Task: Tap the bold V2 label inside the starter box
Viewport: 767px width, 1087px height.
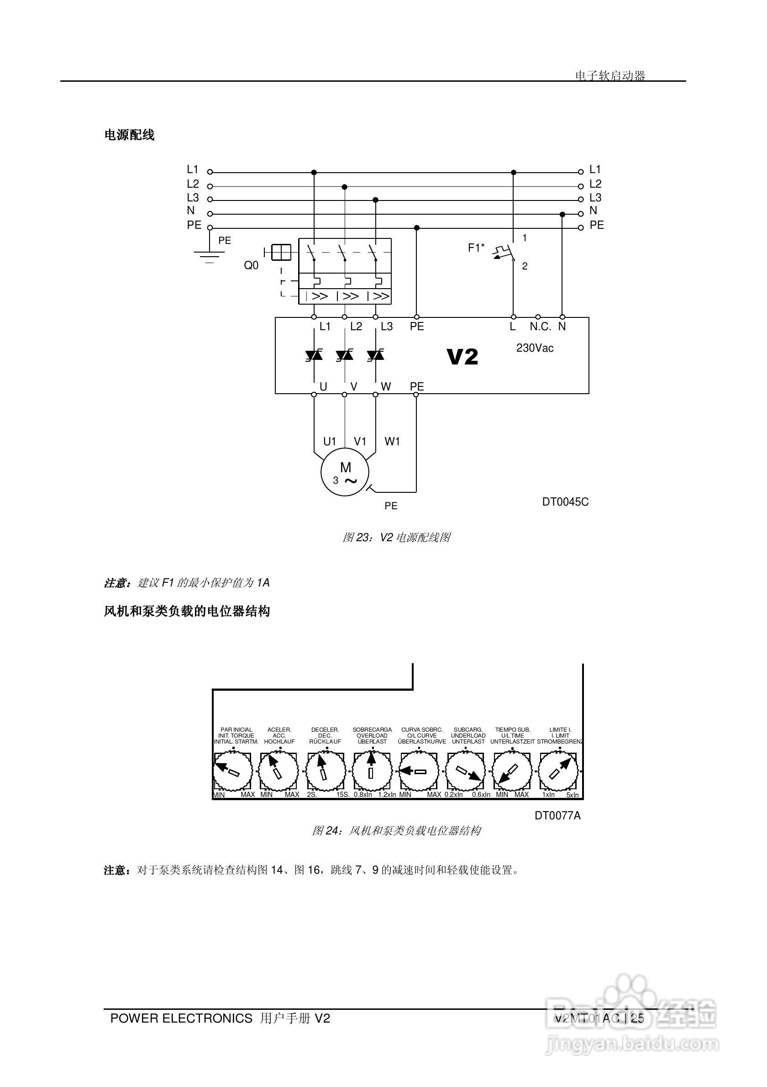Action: point(462,357)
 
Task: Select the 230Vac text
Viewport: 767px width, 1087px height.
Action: point(535,348)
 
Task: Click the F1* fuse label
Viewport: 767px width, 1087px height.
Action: point(476,248)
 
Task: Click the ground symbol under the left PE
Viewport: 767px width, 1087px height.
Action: point(209,256)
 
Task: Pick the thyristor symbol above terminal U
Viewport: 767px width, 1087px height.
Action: point(314,354)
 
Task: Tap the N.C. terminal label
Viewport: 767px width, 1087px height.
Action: point(540,327)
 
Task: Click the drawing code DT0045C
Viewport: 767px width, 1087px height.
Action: point(565,502)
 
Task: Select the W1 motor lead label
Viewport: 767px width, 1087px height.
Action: point(392,441)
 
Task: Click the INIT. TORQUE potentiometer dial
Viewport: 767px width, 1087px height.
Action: point(232,772)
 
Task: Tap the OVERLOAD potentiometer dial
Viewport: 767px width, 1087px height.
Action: point(372,772)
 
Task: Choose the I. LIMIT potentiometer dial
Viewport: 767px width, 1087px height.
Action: point(559,772)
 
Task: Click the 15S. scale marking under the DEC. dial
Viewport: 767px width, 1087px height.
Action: point(342,795)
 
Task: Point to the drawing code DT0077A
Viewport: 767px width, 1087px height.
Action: point(557,815)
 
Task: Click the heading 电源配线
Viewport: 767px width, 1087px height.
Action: point(129,135)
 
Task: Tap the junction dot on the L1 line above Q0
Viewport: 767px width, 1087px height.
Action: point(314,172)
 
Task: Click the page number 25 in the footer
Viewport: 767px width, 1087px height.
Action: point(637,1018)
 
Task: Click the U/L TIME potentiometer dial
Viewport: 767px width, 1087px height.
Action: point(512,772)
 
